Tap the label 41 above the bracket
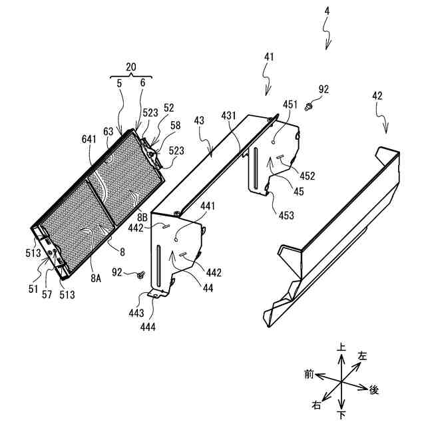coord(268,58)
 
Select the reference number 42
coord(377,95)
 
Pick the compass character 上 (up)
coord(341,347)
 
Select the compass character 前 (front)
coord(309,375)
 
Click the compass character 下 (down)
coord(341,416)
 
